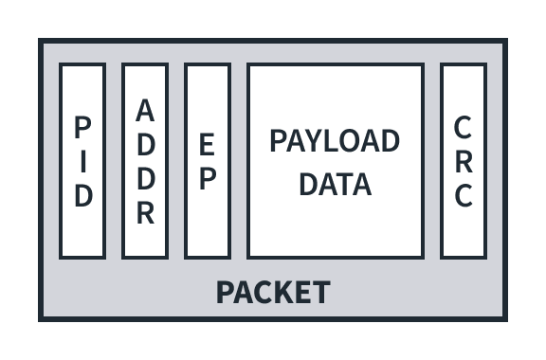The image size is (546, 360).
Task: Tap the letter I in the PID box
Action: coord(83,161)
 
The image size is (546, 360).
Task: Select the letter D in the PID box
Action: coord(83,196)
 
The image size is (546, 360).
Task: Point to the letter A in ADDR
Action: coord(145,110)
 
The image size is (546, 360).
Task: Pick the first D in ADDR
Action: coord(145,144)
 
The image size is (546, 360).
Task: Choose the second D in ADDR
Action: coord(145,178)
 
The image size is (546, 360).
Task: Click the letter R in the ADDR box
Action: coord(145,212)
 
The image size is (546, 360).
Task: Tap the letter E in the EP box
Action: coord(208,144)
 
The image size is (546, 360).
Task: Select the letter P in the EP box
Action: coord(208,178)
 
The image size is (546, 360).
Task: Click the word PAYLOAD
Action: coord(335,141)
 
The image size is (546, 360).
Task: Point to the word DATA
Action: coord(335,184)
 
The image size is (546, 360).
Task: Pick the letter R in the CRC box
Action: coord(464,161)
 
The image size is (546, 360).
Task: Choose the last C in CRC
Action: coord(464,196)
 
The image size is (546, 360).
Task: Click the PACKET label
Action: coord(273,292)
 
